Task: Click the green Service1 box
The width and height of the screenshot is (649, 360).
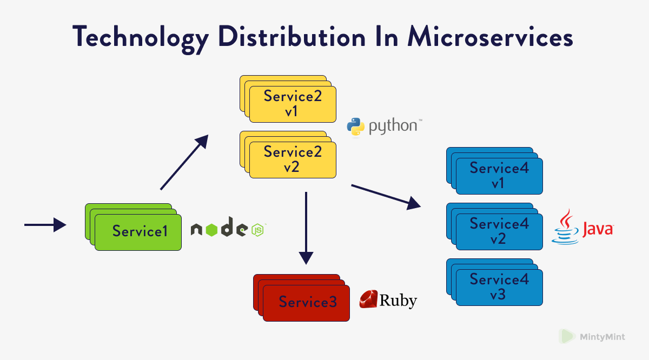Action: coord(138,232)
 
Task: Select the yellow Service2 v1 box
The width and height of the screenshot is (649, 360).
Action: coord(292,104)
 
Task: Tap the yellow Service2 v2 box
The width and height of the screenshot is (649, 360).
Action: coord(292,159)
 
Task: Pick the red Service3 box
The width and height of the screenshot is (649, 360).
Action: coord(306,302)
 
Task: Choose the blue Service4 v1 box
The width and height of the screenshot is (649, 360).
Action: coord(499,176)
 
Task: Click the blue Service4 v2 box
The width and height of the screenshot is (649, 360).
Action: coord(499,231)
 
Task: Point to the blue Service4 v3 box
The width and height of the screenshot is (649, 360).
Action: coord(499,287)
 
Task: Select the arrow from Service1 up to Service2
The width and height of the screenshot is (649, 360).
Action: coord(184,163)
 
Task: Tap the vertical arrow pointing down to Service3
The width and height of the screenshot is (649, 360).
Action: coord(306,227)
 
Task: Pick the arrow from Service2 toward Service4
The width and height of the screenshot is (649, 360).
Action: coord(386,196)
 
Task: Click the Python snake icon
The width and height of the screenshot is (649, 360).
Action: coord(355,126)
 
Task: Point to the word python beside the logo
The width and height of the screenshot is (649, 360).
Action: coord(393,127)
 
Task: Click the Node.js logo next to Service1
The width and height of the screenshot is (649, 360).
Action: coord(227,229)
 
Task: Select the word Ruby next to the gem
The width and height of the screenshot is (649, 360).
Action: coord(399,301)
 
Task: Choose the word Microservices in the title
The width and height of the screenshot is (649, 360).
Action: coord(490,38)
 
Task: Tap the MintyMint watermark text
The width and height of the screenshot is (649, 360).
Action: coord(602,337)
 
